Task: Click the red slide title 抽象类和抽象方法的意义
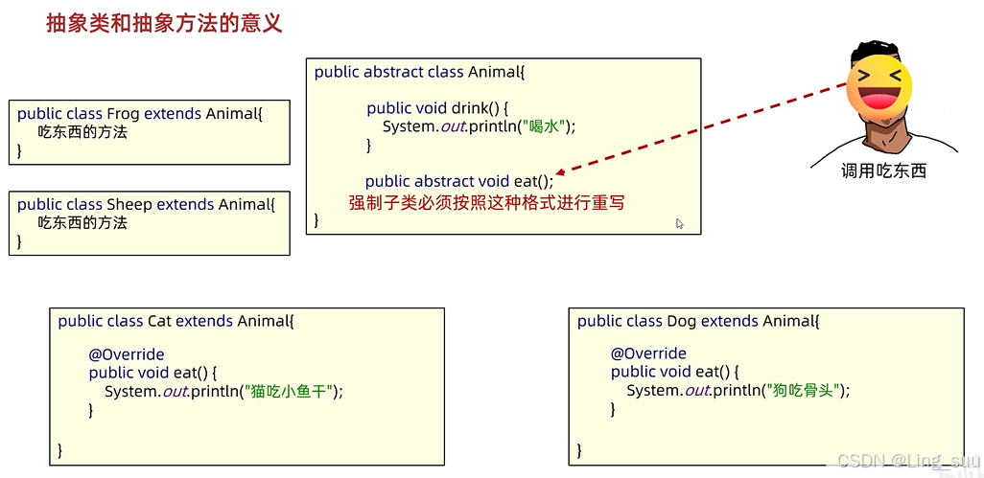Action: click(164, 23)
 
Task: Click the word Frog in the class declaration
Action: click(123, 114)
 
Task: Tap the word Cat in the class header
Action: click(158, 321)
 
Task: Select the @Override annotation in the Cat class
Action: click(127, 354)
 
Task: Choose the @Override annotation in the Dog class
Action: click(648, 353)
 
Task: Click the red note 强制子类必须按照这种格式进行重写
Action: click(486, 202)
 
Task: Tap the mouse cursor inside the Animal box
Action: click(679, 223)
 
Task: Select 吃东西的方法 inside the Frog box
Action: click(82, 132)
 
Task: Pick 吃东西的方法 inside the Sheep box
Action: click(82, 222)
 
